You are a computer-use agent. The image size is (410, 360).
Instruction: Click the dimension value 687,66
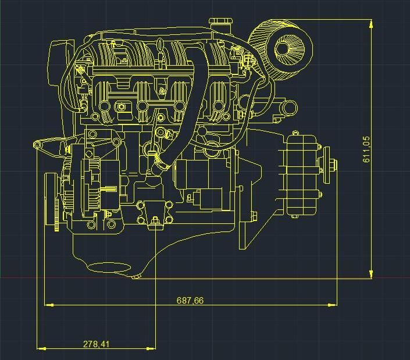tap(190, 301)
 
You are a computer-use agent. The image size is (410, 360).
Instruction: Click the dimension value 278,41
tap(96, 344)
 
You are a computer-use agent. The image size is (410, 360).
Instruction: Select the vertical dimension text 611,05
tap(366, 149)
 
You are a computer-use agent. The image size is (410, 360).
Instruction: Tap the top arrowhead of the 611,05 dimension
tap(371, 23)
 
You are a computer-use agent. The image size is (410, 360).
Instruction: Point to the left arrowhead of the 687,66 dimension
tap(49, 305)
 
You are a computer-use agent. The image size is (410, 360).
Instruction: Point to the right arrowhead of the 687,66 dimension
tap(332, 305)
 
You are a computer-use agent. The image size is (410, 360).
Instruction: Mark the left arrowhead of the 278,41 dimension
tap(41, 348)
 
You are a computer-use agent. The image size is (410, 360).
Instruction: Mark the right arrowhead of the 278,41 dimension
tap(151, 348)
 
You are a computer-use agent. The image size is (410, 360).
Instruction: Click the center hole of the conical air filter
tap(283, 49)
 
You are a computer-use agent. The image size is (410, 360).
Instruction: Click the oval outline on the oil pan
tap(109, 267)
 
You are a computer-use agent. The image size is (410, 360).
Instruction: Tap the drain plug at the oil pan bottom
tap(137, 277)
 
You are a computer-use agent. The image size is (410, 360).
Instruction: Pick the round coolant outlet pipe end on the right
tap(288, 108)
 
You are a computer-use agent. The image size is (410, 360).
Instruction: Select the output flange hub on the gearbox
tap(332, 165)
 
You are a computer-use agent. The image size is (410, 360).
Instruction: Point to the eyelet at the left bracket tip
tap(37, 145)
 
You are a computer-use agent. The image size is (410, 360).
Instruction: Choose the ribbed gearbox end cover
tap(302, 174)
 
